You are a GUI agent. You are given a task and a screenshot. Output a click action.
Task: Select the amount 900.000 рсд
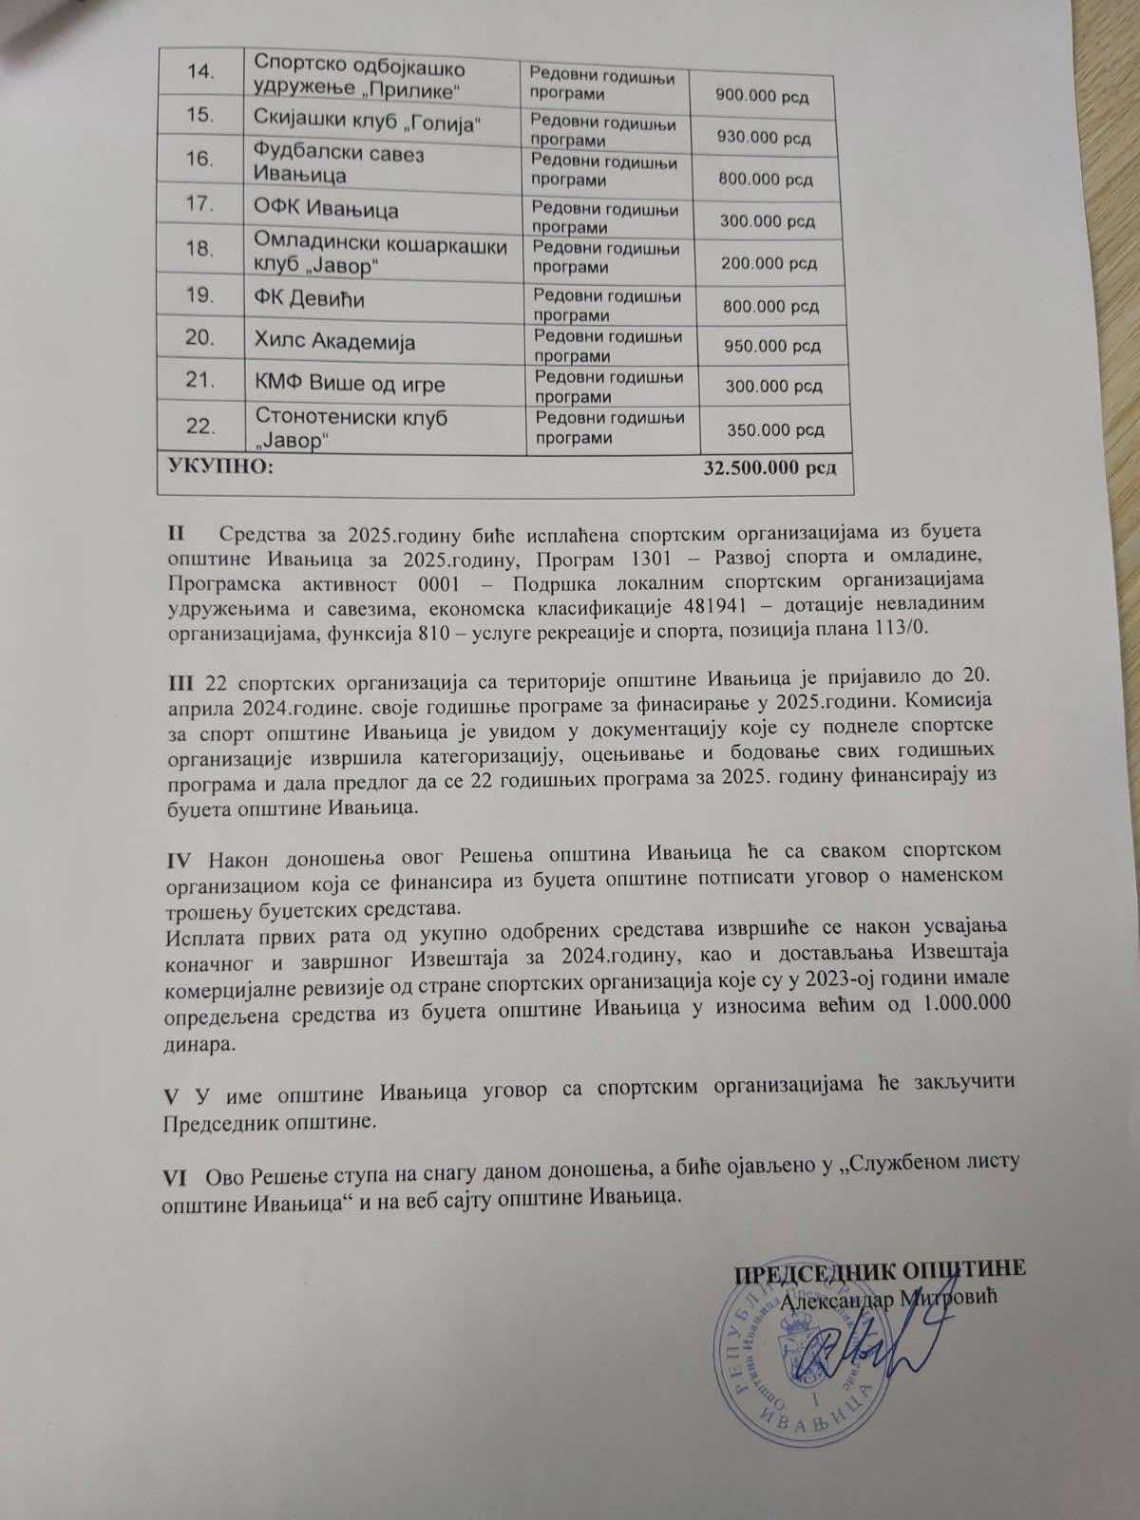(761, 97)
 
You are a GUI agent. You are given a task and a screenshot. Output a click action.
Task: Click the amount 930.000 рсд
(766, 139)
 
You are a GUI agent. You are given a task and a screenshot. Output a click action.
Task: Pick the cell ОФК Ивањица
(326, 208)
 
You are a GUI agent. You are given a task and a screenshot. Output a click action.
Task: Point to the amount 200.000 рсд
(769, 263)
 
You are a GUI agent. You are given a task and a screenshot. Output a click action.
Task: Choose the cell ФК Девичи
(310, 298)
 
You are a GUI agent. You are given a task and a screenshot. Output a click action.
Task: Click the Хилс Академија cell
(335, 342)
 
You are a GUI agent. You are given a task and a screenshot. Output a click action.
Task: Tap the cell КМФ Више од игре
(350, 384)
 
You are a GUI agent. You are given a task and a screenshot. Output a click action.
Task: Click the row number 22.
(199, 427)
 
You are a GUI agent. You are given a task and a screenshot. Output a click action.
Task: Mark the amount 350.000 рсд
(775, 430)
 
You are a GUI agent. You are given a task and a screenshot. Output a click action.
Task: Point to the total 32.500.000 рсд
(769, 469)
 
